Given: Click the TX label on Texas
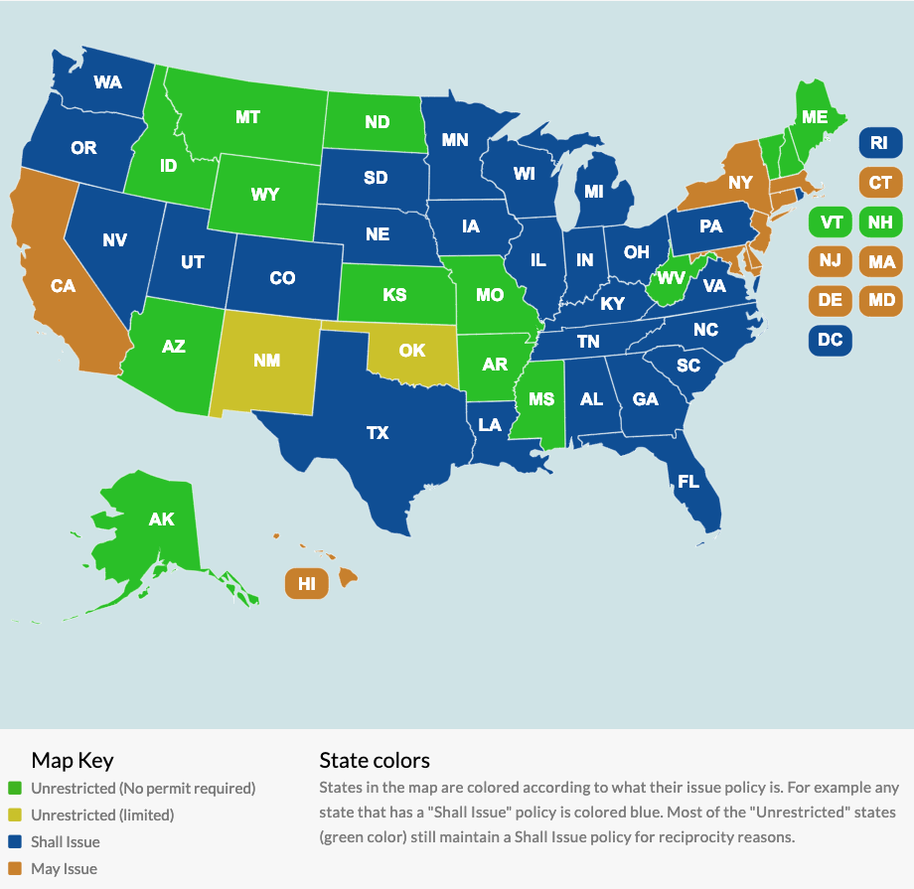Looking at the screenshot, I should pos(378,433).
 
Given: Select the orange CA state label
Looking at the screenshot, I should pos(63,286).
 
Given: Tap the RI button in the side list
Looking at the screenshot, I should pos(878,144).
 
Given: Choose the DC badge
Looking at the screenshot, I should pos(830,341).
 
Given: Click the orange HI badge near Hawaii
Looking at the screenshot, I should pos(307,583).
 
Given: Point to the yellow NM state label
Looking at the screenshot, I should pos(266,361).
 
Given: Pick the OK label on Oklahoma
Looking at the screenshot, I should pos(411,351).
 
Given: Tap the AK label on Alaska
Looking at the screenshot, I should pos(161,519).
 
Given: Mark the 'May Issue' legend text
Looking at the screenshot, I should pos(64,869).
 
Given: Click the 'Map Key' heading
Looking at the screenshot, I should pos(73,761).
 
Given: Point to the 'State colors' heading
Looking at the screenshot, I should pos(375,761).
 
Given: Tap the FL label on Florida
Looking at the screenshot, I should pos(688,482).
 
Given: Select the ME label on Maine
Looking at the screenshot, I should pos(815,117).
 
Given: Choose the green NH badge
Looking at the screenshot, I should pos(879,222).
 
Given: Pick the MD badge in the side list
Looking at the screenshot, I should pos(879,300).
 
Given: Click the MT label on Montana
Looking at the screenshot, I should pos(247,117).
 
